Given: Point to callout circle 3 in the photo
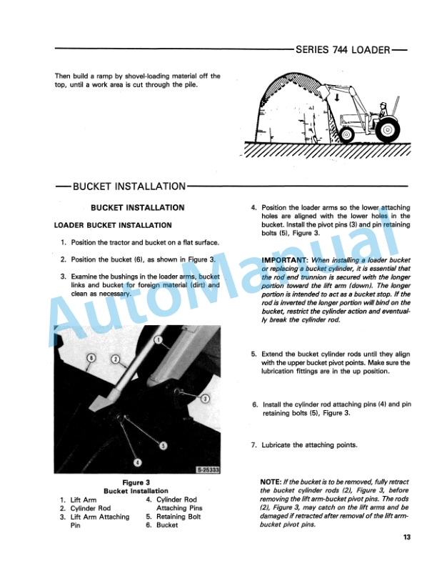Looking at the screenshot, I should [x=205, y=397].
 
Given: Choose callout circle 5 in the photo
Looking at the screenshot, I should [x=163, y=446].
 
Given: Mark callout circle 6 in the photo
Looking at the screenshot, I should [x=91, y=357].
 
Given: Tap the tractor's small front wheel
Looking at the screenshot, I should [x=347, y=134].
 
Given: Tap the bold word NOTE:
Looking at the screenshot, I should [x=274, y=482].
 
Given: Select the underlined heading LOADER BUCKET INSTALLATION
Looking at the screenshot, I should [x=113, y=225].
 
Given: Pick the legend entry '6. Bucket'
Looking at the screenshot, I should [x=163, y=525].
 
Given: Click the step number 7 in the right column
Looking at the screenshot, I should [x=253, y=445].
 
